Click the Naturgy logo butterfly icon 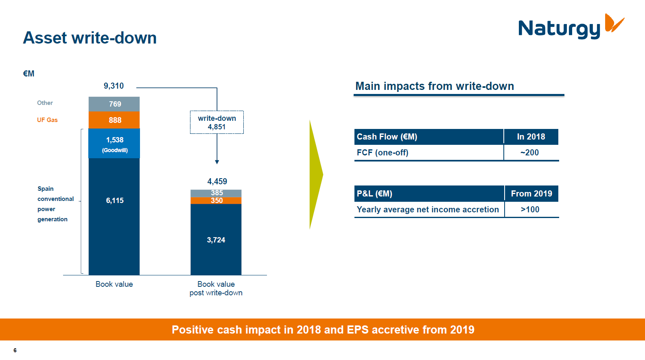(614, 23)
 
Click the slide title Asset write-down (90, 38)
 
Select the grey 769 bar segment (114, 104)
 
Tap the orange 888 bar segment (114, 120)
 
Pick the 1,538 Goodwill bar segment (114, 144)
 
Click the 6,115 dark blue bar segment (114, 216)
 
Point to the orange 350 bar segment (216, 201)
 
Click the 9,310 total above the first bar (114, 86)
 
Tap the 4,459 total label (217, 181)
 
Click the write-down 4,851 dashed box (217, 122)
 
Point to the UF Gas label (47, 120)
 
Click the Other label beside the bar (45, 103)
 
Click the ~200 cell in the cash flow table (530, 153)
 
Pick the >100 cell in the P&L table (530, 209)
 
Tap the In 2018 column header (531, 137)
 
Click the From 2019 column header (531, 194)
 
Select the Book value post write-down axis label (216, 288)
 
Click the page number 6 (15, 350)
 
